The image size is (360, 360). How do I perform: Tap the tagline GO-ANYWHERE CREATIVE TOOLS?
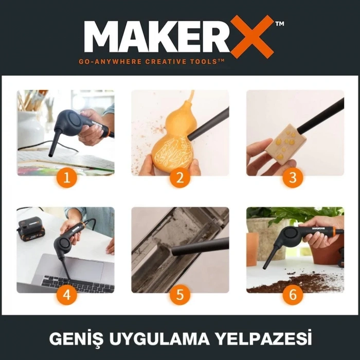(x=151, y=61)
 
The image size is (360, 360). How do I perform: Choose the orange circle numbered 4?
(x=65, y=295)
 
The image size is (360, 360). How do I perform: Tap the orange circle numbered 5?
(x=179, y=295)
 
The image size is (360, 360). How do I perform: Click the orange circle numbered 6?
(x=294, y=295)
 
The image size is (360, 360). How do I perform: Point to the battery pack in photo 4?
(x=31, y=228)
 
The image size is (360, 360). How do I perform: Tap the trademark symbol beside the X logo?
(x=279, y=23)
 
